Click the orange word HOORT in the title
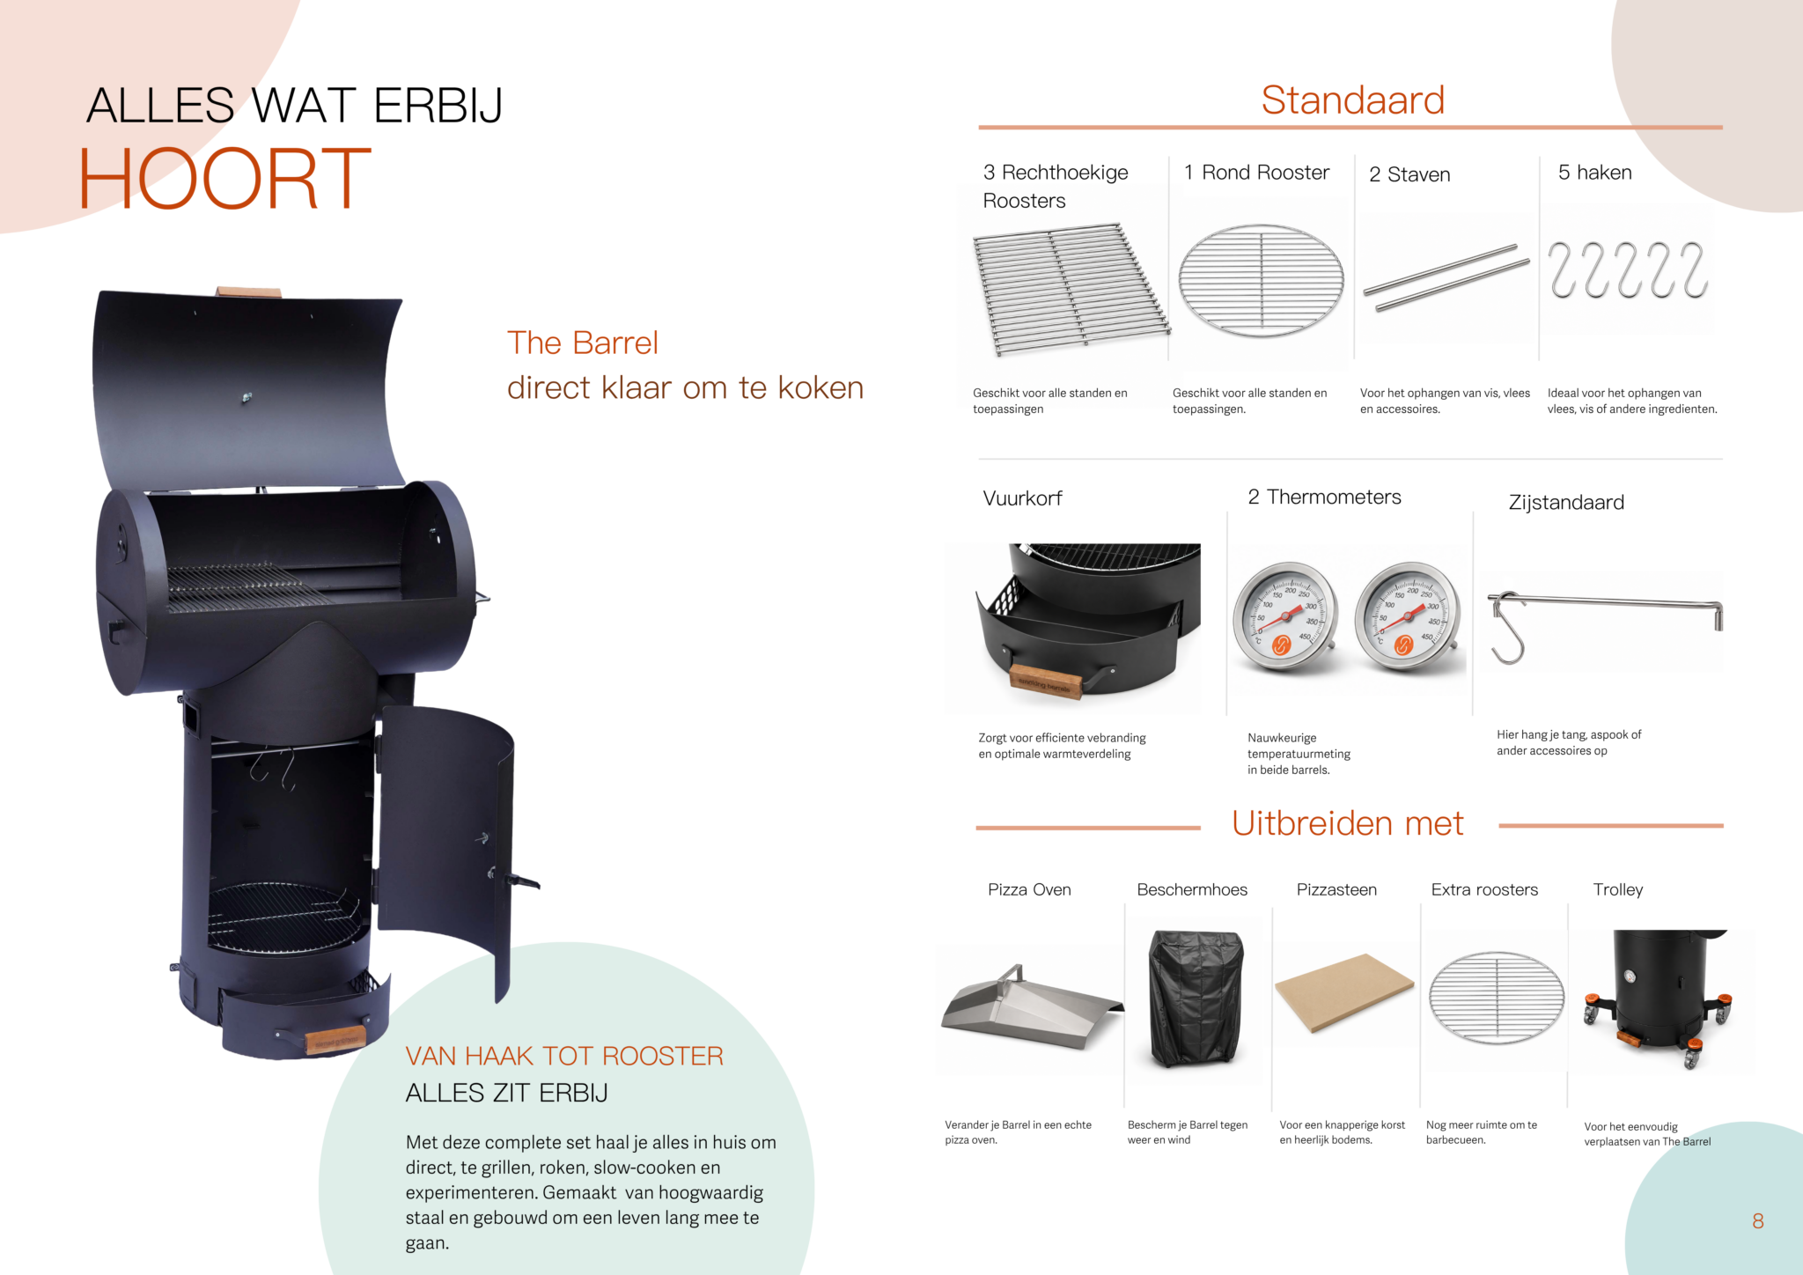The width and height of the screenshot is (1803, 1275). pyautogui.click(x=225, y=179)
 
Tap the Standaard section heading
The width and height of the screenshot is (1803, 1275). pyautogui.click(x=1352, y=100)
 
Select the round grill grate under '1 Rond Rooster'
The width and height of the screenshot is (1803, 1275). pyautogui.click(x=1261, y=281)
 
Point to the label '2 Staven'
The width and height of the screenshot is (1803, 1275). pyautogui.click(x=1409, y=174)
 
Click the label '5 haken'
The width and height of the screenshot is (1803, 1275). pyautogui.click(x=1594, y=173)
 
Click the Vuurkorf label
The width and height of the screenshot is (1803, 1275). pyautogui.click(x=1022, y=498)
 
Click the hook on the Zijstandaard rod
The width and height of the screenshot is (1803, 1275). pyautogui.click(x=1506, y=629)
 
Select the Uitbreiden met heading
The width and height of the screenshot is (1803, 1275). pyautogui.click(x=1347, y=823)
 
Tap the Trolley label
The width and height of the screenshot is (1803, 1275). pyautogui.click(x=1618, y=889)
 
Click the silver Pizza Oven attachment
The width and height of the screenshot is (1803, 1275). pyautogui.click(x=1031, y=1007)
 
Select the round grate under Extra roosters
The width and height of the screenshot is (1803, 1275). pyautogui.click(x=1496, y=998)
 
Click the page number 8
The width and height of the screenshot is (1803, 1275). pyautogui.click(x=1757, y=1221)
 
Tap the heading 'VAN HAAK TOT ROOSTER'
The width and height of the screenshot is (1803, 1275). pyautogui.click(x=564, y=1056)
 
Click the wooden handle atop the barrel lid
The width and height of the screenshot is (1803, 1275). pyautogui.click(x=248, y=291)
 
